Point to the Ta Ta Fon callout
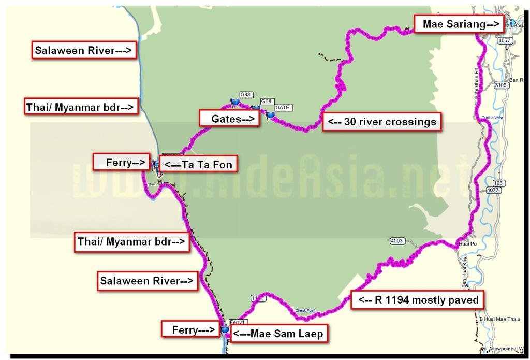point(198,165)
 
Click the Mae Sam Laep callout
point(278,334)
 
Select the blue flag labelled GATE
point(270,115)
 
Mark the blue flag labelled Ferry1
point(225,329)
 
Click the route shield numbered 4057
point(503,40)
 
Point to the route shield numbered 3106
point(500,85)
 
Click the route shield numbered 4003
point(397,241)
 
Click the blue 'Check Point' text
point(305,311)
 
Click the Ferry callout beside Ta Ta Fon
point(121,162)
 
